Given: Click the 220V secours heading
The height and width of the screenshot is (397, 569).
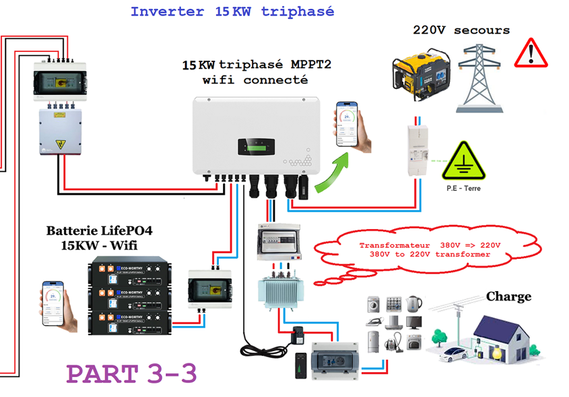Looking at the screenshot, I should click(x=461, y=30).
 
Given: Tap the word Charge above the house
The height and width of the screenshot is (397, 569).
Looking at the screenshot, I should click(x=508, y=297).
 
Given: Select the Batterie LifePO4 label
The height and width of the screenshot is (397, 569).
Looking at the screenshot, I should click(x=99, y=231).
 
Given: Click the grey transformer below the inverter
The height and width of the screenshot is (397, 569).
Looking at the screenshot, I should click(x=278, y=286).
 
